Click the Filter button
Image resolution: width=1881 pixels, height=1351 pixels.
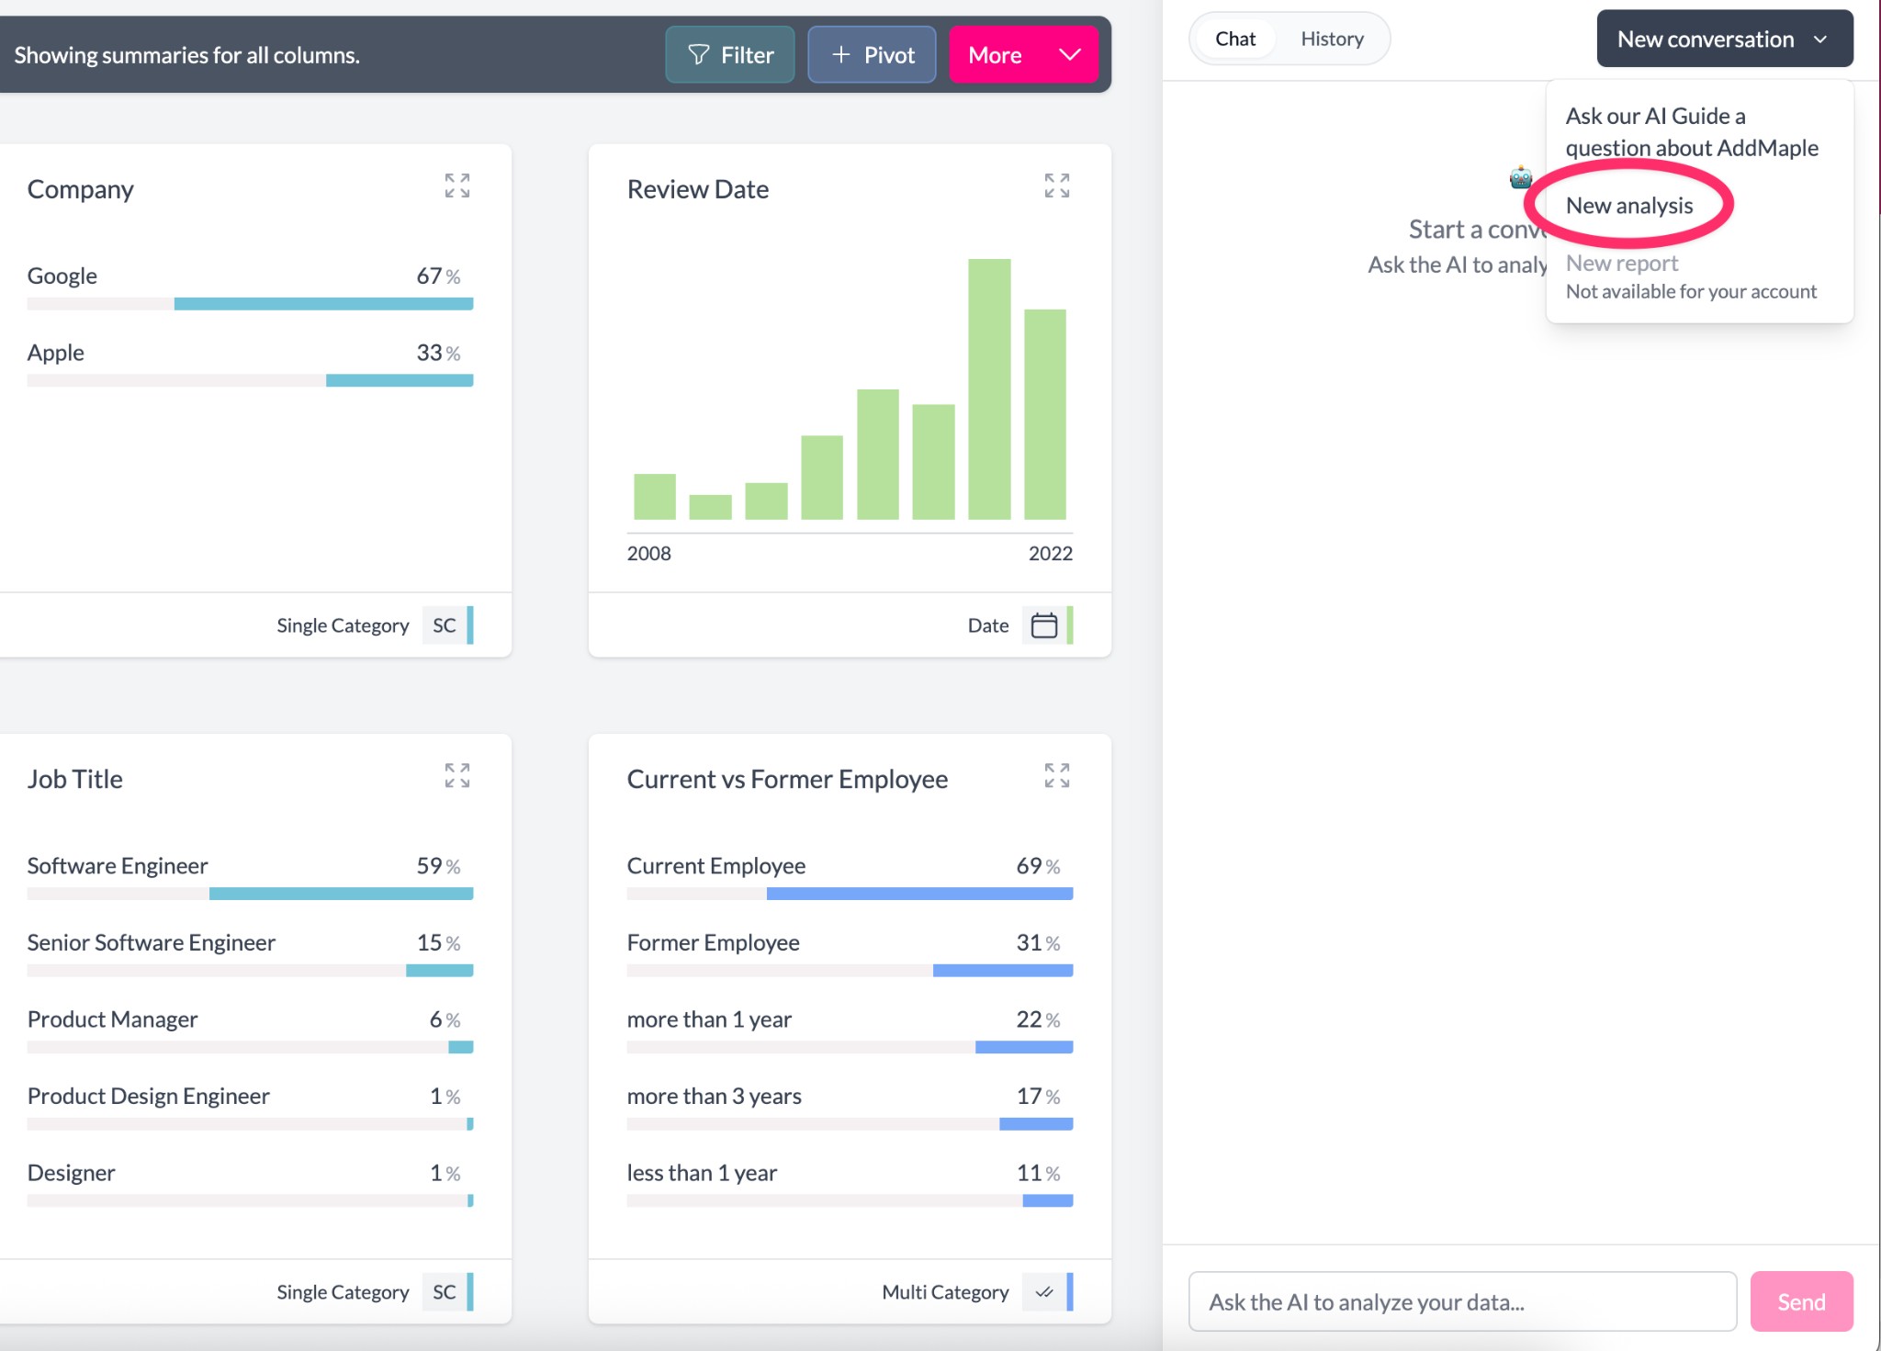click(730, 55)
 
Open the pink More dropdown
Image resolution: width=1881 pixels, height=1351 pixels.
click(1023, 55)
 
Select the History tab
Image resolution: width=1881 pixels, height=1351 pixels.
click(1332, 39)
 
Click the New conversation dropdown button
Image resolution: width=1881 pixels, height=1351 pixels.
click(1724, 39)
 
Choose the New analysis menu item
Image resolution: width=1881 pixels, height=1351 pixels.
click(1628, 206)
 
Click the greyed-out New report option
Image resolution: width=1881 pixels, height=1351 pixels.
click(1621, 264)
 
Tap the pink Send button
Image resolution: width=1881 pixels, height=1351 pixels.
click(1800, 1301)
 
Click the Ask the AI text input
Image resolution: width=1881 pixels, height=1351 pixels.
click(1461, 1301)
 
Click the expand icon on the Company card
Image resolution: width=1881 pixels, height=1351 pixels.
click(457, 186)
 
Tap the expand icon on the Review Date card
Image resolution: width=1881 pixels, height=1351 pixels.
click(1056, 186)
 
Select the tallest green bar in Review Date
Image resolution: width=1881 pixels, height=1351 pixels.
click(989, 389)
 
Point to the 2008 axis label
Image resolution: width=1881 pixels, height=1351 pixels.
click(648, 553)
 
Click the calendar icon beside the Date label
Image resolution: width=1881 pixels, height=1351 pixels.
click(1044, 625)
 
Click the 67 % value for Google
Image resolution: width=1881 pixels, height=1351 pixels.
click(437, 276)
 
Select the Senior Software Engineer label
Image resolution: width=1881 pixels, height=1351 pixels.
click(152, 942)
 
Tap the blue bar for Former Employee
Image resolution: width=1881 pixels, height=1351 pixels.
click(1002, 971)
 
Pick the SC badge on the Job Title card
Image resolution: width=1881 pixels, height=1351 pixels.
click(445, 1292)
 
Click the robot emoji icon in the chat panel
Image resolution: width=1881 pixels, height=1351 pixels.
click(1521, 177)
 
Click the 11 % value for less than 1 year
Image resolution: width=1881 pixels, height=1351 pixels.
click(1037, 1173)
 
